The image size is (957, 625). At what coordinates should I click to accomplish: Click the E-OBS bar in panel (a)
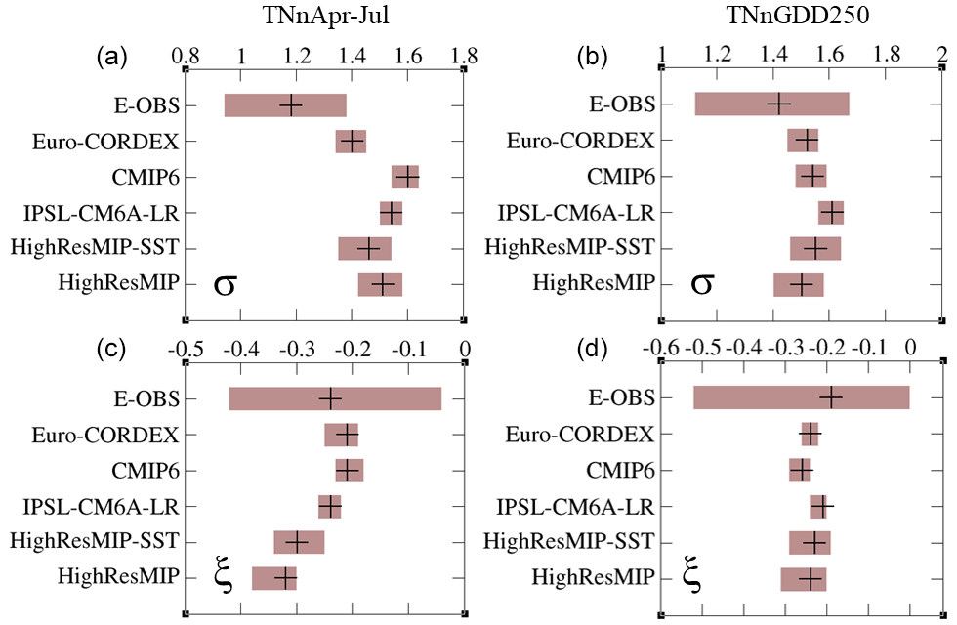click(x=285, y=104)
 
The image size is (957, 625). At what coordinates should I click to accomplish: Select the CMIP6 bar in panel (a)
click(x=405, y=177)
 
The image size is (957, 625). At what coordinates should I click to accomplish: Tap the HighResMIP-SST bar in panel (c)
click(x=299, y=542)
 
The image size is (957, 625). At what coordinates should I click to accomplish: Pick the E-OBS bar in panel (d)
click(x=801, y=397)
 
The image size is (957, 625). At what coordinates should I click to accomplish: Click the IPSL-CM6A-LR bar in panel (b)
click(x=831, y=212)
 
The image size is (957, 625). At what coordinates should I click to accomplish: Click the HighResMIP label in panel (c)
click(x=120, y=577)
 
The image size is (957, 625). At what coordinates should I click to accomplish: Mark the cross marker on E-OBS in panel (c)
click(x=330, y=397)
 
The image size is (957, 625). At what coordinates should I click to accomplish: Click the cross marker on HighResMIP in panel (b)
click(x=802, y=284)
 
